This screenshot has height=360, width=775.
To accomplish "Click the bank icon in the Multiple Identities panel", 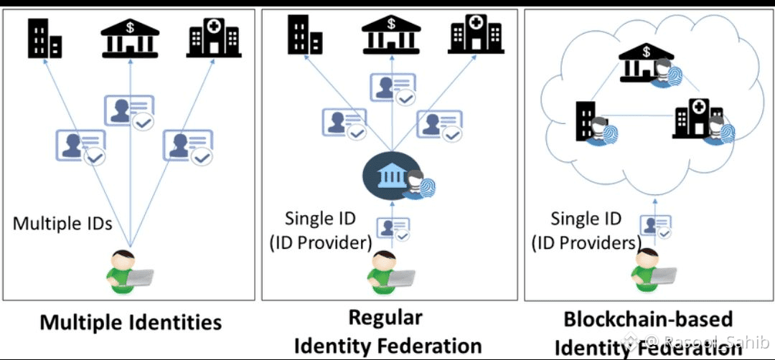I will pyautogui.click(x=130, y=37).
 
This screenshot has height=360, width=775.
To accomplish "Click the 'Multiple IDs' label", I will pyautogui.click(x=62, y=223).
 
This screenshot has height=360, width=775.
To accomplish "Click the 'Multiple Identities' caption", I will pyautogui.click(x=130, y=322).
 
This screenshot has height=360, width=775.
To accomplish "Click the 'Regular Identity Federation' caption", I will pyautogui.click(x=387, y=331).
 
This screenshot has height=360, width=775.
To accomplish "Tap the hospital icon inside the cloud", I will pyautogui.click(x=697, y=119).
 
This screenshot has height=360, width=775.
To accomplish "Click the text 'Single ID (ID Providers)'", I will pyautogui.click(x=586, y=231).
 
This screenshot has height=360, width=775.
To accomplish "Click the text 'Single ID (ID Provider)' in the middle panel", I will pyautogui.click(x=321, y=230).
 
